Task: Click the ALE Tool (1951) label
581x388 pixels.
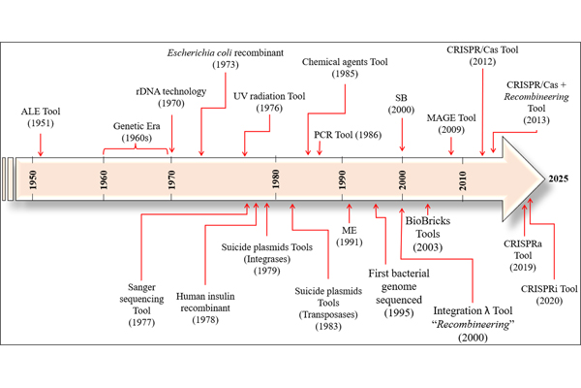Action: tap(41, 117)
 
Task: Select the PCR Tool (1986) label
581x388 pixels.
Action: tap(348, 132)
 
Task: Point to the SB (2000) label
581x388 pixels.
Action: tap(401, 104)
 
